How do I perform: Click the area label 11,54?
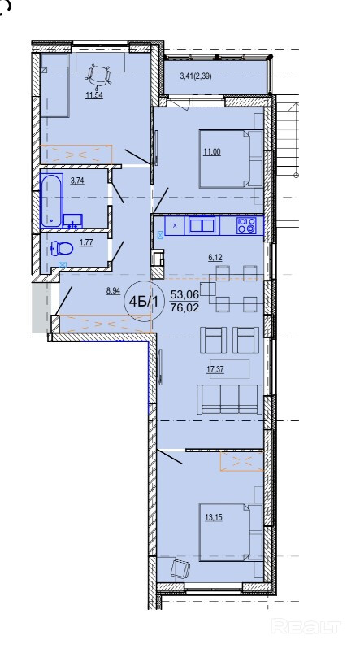[x=94, y=95]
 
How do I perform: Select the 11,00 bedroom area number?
[x=212, y=152]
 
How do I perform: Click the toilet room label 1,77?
[x=86, y=243]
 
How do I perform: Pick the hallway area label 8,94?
[x=113, y=291]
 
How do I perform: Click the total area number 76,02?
[x=184, y=307]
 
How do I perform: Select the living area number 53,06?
[x=184, y=295]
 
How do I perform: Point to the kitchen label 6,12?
[x=215, y=258]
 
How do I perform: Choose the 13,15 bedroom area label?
[x=214, y=518]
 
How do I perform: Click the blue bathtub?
[x=51, y=200]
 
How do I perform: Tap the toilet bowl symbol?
[x=62, y=249]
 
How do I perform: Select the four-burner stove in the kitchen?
[x=246, y=225]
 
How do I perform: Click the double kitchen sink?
[x=202, y=225]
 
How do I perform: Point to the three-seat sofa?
[x=229, y=399]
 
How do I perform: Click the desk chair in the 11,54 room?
[x=98, y=76]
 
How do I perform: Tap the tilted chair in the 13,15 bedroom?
[x=180, y=568]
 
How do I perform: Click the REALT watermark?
[x=306, y=626]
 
